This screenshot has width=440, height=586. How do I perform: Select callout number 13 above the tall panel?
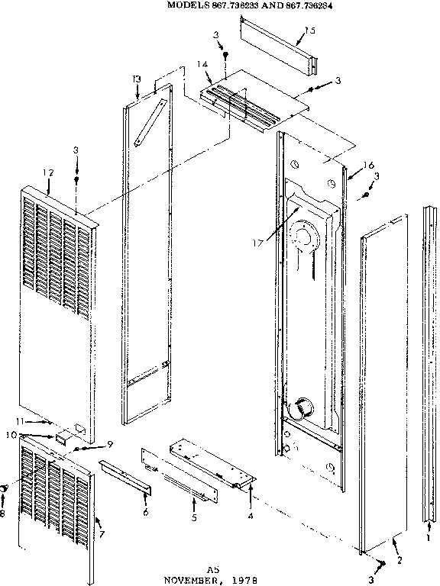pos(135,79)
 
